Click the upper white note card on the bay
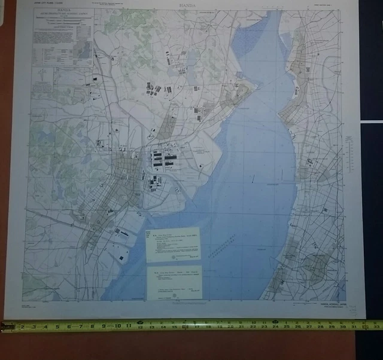pyautogui.click(x=174, y=244)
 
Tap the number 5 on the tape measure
pyautogui.click(x=59, y=327)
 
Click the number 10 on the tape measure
pyautogui.click(x=115, y=327)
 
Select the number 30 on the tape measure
pyautogui.click(x=343, y=327)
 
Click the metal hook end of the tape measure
pyautogui.click(x=4, y=327)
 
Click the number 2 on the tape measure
pyautogui.click(x=23, y=327)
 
